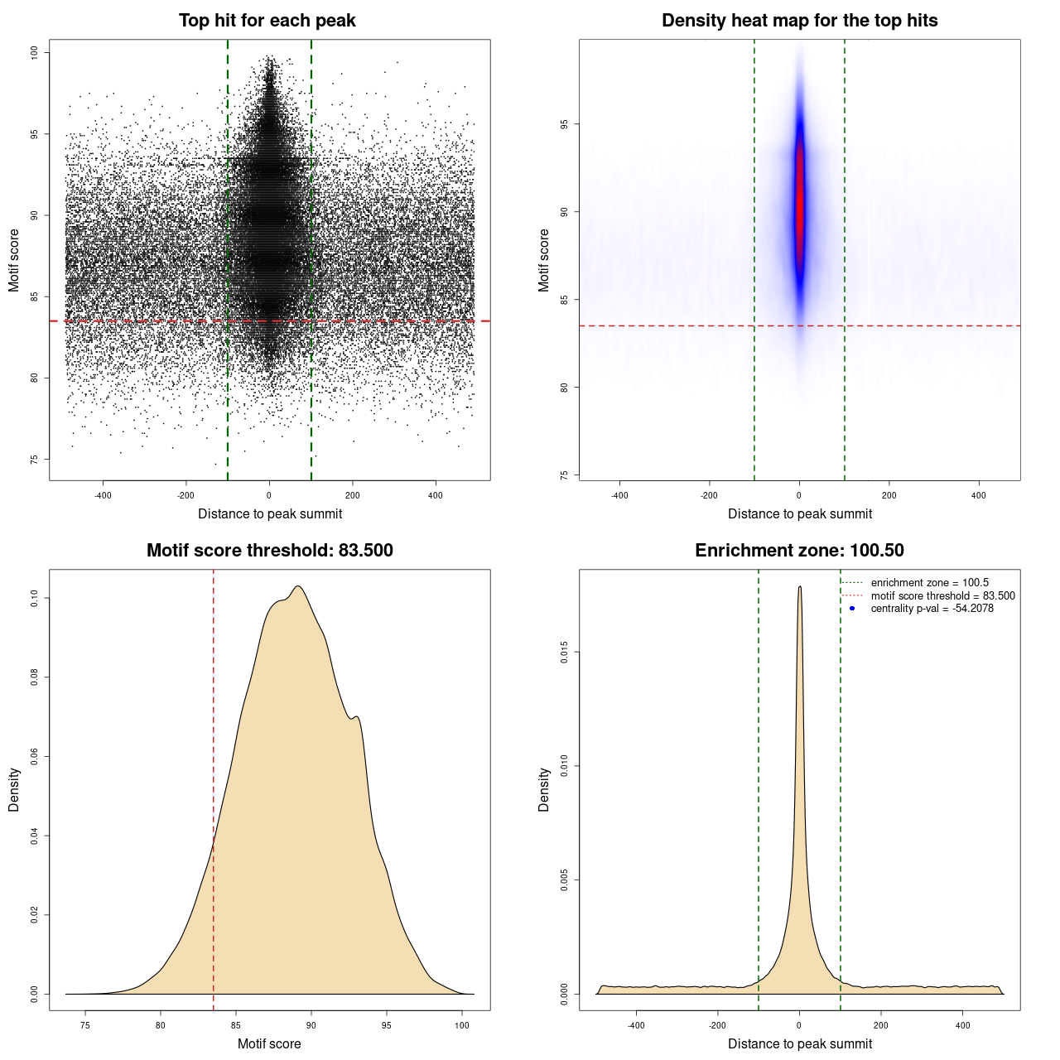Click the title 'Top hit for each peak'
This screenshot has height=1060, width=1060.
[x=267, y=21]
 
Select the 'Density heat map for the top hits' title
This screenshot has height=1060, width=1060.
[x=799, y=21]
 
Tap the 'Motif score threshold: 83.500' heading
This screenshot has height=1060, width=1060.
[x=269, y=551]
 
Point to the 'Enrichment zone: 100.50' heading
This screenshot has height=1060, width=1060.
[x=799, y=551]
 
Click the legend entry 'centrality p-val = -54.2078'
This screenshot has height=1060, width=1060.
[x=932, y=609]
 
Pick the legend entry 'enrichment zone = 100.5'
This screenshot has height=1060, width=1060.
[x=929, y=583]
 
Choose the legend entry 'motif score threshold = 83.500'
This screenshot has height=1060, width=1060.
[x=942, y=596]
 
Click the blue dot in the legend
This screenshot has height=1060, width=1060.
[x=852, y=609]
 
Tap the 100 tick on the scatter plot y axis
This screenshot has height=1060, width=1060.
[x=34, y=53]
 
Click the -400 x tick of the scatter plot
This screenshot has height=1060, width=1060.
[x=103, y=495]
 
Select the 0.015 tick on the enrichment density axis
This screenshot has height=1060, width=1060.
[x=564, y=653]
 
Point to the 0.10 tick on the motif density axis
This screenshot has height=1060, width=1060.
[x=34, y=598]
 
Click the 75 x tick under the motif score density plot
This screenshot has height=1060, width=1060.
[x=85, y=1025]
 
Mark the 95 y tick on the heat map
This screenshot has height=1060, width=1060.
[x=564, y=124]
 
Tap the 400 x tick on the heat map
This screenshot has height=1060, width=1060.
[x=979, y=495]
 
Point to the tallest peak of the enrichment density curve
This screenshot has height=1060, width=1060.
[x=800, y=587]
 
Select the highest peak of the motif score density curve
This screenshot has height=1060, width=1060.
[x=298, y=587]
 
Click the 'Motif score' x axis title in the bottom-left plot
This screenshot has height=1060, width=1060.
[x=269, y=1043]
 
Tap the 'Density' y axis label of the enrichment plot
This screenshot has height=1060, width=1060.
[x=544, y=789]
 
